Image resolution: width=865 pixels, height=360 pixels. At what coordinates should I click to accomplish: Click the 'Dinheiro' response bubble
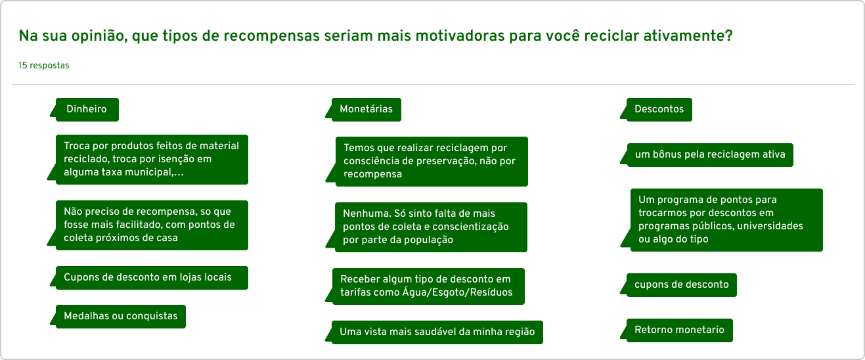click(x=87, y=109)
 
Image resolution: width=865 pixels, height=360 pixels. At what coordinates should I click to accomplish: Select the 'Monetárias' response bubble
click(x=366, y=109)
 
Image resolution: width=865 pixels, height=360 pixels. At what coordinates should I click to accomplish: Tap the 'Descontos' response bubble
click(x=659, y=109)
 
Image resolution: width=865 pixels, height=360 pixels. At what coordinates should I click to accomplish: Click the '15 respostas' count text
click(x=43, y=65)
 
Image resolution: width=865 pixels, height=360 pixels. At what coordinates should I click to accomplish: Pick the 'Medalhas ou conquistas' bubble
click(x=120, y=317)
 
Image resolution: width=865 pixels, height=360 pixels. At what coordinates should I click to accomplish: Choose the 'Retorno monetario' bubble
click(x=679, y=330)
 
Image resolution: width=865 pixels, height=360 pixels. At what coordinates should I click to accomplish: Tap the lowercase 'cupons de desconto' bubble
click(x=682, y=284)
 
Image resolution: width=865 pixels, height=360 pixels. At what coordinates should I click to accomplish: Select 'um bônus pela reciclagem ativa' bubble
click(x=710, y=154)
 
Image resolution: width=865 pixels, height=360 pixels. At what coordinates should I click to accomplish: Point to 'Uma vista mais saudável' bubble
click(x=437, y=332)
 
